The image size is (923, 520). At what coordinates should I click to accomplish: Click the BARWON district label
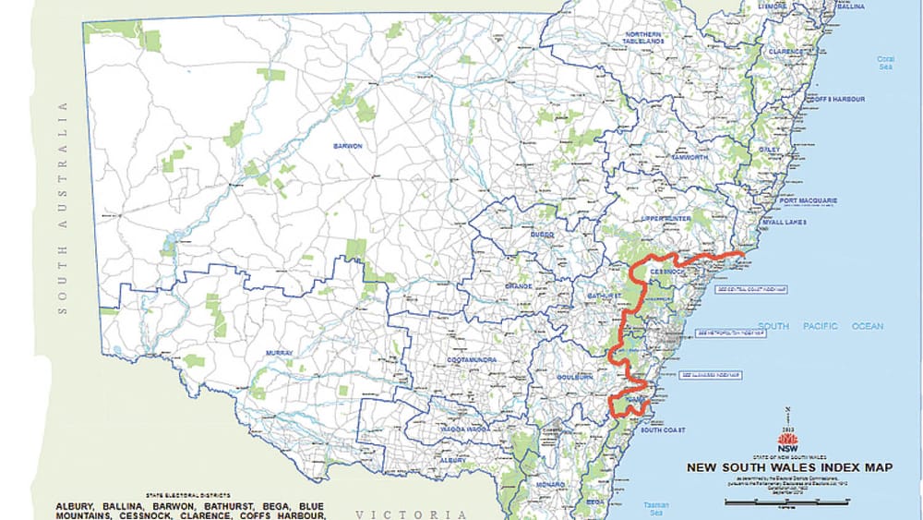[349, 146]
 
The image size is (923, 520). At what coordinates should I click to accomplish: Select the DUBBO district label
[541, 236]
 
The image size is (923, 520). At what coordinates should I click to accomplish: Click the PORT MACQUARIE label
[808, 200]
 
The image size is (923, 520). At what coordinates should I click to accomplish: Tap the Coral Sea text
[885, 64]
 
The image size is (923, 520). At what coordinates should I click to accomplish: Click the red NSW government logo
[787, 439]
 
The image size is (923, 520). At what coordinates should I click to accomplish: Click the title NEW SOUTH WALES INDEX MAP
[789, 467]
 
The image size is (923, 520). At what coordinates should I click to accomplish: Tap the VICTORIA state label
[412, 514]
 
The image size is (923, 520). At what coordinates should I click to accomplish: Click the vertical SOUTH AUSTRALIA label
[64, 208]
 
